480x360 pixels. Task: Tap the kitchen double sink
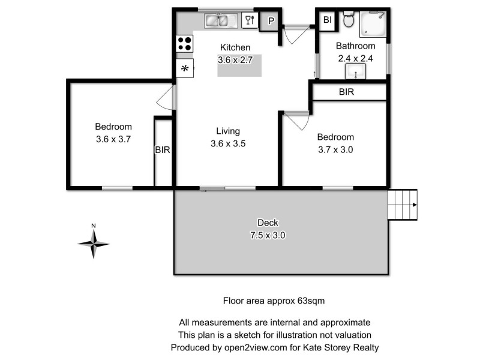tap(217, 22)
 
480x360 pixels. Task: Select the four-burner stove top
tap(185, 43)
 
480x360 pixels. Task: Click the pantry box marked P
tap(271, 22)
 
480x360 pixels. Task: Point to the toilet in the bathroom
tap(349, 21)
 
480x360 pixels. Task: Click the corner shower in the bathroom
tap(373, 25)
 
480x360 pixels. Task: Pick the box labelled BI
tap(327, 20)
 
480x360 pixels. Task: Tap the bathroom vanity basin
tap(356, 72)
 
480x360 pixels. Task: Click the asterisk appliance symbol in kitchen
tap(185, 68)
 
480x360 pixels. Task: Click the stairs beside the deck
tap(402, 205)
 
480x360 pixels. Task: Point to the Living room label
tap(228, 131)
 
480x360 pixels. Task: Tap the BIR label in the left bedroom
tap(163, 150)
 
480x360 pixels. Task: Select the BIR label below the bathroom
tap(346, 92)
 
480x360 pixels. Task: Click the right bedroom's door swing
tap(296, 120)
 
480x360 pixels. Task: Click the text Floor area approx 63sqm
tap(274, 300)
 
